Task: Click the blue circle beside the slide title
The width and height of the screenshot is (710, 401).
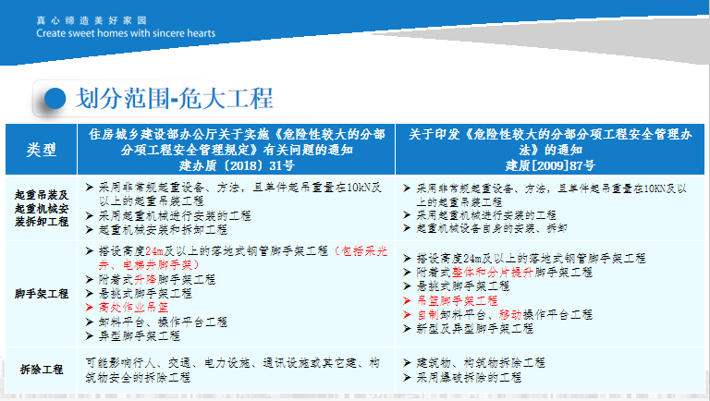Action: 55,98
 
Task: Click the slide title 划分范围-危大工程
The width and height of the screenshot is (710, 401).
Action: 175,98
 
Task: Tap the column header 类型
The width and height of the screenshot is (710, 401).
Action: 42,150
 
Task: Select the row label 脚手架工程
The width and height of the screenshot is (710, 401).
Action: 42,294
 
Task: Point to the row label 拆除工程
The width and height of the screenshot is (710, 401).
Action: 42,370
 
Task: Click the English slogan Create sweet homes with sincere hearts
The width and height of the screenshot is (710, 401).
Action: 126,33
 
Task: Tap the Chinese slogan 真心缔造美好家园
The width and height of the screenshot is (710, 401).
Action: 92,20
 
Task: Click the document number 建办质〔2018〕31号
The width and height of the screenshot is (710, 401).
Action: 237,165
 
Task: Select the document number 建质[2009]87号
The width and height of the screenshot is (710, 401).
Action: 550,165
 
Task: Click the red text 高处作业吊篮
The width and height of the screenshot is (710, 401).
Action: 133,308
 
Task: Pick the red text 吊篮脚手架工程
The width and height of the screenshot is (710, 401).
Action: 458,300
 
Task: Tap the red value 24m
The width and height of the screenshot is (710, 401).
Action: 154,251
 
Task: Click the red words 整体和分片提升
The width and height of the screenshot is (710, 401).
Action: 493,272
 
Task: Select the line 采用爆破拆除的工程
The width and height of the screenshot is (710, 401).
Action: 469,378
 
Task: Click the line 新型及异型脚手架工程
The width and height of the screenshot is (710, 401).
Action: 475,329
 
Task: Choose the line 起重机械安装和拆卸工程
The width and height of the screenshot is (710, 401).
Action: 163,230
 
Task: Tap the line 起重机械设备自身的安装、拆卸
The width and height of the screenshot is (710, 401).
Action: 492,228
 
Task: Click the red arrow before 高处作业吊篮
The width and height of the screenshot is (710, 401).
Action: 89,308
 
